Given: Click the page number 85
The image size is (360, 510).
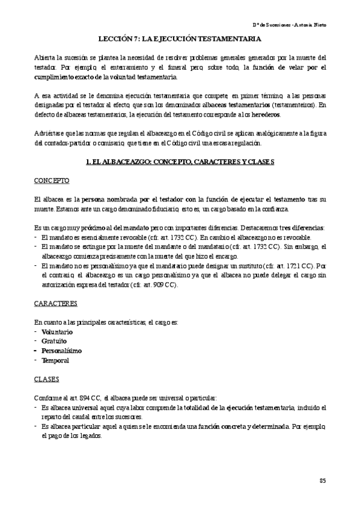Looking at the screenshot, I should point(322,480).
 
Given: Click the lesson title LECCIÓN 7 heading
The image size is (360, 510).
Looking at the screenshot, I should point(180,39).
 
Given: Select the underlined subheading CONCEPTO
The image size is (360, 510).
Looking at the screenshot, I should point(52,180).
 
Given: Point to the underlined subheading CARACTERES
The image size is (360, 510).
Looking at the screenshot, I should point(56,306).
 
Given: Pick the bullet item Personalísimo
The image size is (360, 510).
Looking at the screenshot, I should point(62,351).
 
